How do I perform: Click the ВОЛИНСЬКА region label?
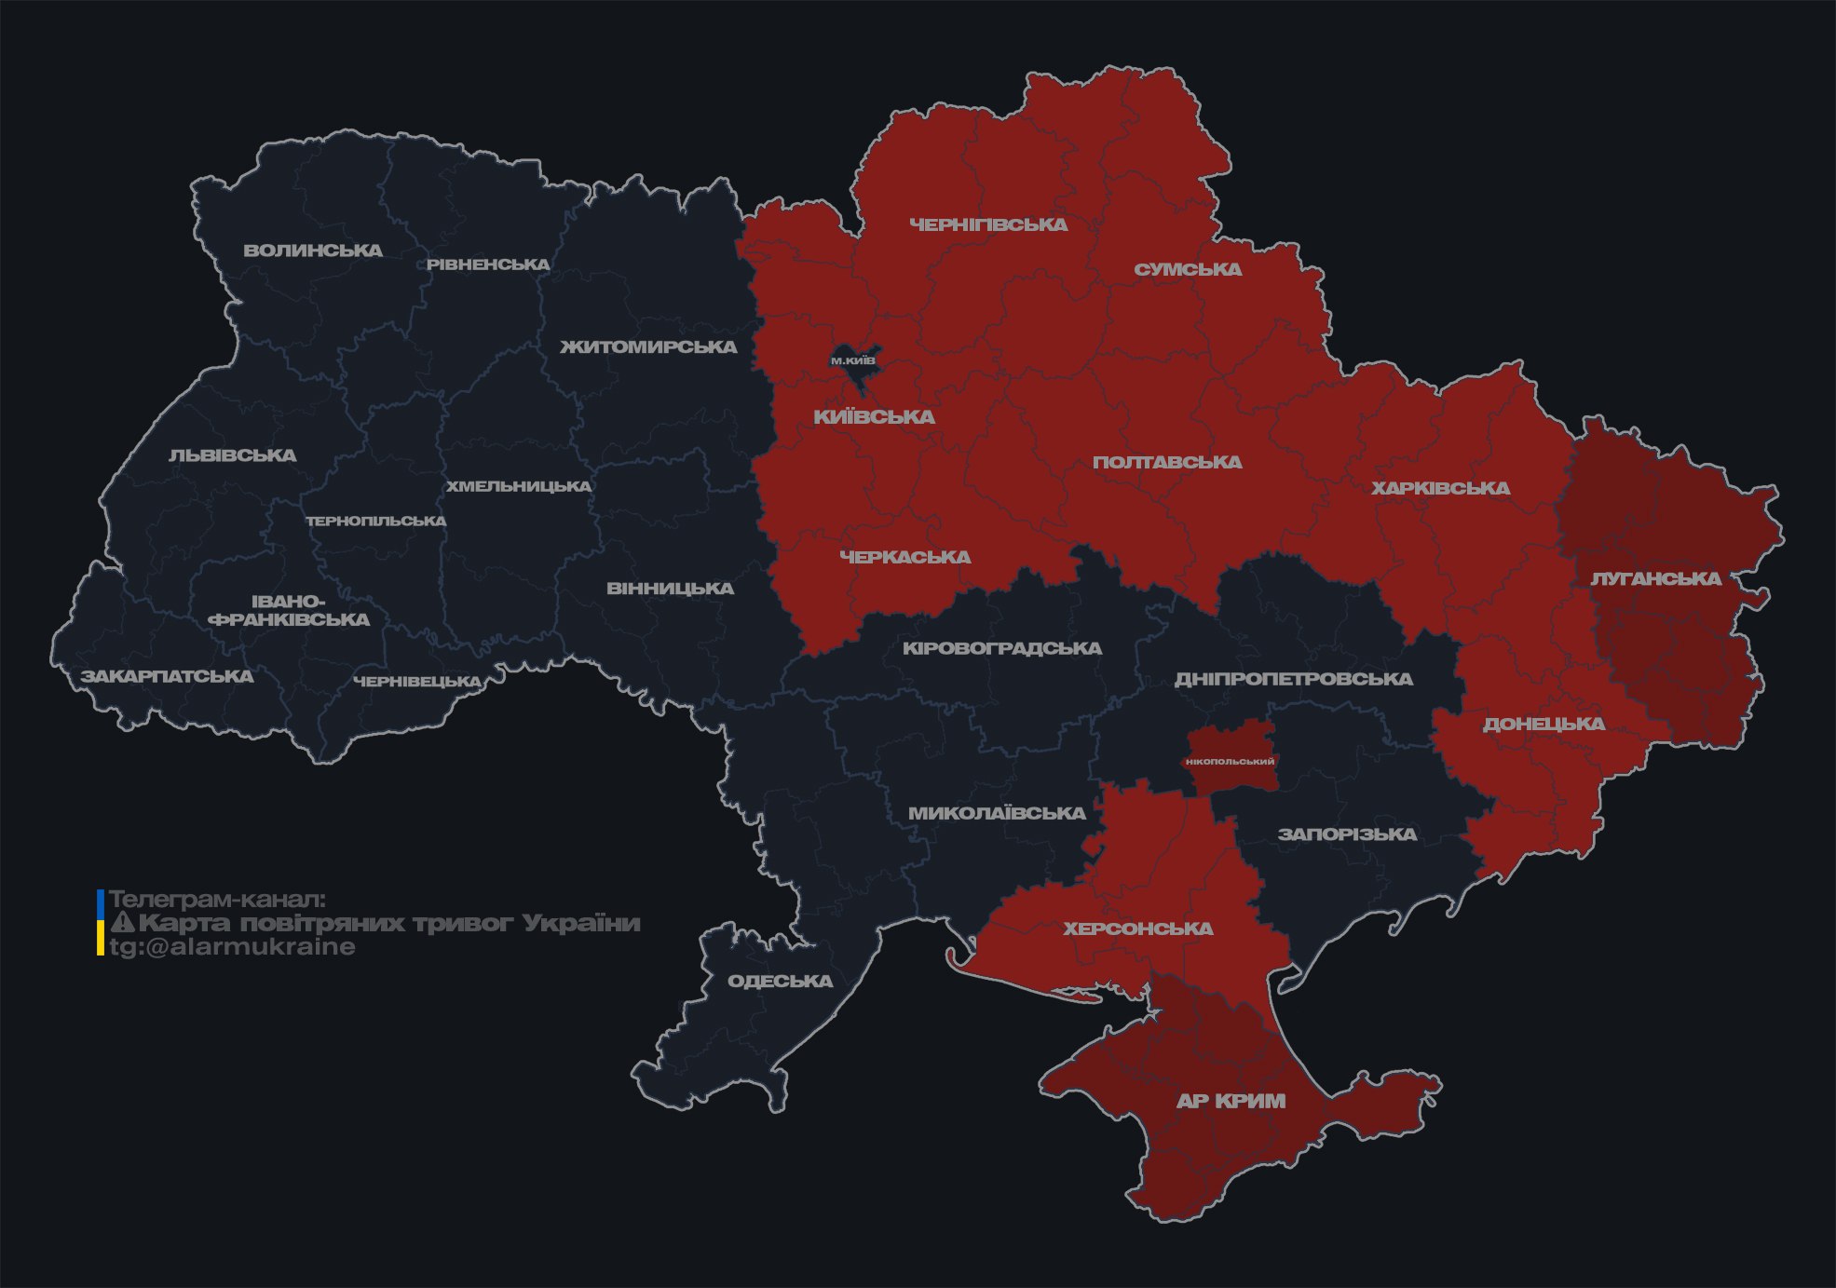(x=313, y=251)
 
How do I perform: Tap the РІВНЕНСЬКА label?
(x=488, y=264)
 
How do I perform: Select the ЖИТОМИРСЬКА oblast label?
(x=648, y=347)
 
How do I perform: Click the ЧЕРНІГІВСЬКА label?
(x=988, y=224)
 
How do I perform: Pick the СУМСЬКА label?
(x=1188, y=269)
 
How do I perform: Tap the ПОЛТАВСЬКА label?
(x=1167, y=462)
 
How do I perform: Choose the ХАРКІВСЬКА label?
(x=1440, y=488)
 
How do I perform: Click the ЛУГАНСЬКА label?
(x=1655, y=578)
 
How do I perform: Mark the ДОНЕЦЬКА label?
(x=1544, y=724)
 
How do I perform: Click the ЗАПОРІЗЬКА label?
(x=1347, y=834)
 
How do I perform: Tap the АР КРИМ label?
(x=1231, y=1101)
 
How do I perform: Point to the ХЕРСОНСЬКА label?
(x=1138, y=929)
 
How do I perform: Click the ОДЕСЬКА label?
(x=780, y=981)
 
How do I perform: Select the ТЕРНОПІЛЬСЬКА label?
(x=376, y=521)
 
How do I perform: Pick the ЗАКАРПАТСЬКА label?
(x=167, y=676)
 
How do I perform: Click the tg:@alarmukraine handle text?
(x=233, y=947)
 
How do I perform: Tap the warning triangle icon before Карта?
(x=123, y=923)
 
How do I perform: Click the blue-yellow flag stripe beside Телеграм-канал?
(x=101, y=922)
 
